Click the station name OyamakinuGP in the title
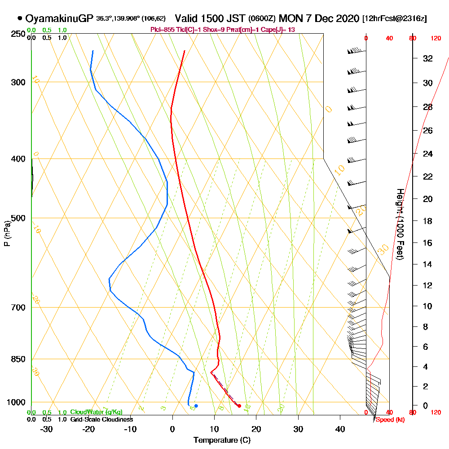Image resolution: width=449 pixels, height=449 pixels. [59, 19]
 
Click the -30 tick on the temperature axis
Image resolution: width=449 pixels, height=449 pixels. [47, 429]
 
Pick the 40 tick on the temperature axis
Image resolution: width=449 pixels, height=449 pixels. [340, 429]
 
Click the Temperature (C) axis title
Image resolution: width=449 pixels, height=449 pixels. [222, 440]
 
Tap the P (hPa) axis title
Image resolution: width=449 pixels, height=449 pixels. [7, 233]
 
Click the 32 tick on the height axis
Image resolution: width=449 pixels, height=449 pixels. [428, 58]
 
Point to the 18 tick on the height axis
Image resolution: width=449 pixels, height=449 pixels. [428, 221]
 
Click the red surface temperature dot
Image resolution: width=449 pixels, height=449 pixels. [239, 406]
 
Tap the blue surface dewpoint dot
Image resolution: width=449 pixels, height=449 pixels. [196, 406]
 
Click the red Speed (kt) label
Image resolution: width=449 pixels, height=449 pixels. [387, 420]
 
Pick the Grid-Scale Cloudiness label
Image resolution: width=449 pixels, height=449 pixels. [101, 419]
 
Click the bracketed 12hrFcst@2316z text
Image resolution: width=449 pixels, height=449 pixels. [394, 19]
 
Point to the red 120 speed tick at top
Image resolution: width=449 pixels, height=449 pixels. [436, 39]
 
